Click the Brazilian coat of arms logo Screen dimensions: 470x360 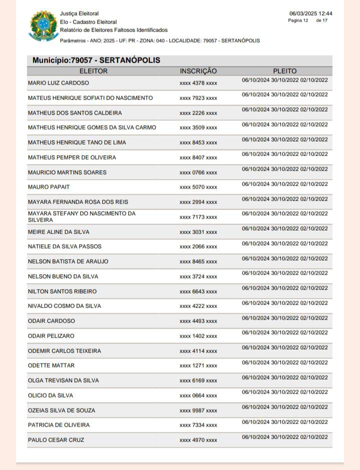(41, 26)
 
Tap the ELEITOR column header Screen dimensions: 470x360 (93, 71)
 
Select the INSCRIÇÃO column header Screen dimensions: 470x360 (198, 71)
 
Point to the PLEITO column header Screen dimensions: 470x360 (284, 71)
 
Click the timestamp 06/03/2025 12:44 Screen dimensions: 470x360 (310, 13)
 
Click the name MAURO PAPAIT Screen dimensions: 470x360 (49, 187)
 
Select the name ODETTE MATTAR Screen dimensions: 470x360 (51, 365)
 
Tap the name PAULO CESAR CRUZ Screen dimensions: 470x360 (56, 440)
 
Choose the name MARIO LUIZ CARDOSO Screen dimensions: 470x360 (58, 83)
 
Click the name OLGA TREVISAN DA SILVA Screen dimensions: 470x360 (63, 380)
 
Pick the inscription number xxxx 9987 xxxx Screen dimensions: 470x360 (198, 410)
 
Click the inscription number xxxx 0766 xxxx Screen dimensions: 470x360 (198, 172)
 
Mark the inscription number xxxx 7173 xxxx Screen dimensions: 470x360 (198, 217)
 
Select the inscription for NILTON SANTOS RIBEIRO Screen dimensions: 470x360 (198, 291)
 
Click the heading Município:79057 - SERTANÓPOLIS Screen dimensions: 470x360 (96, 60)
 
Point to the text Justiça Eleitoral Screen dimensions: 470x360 (79, 13)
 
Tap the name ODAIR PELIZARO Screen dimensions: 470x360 (51, 336)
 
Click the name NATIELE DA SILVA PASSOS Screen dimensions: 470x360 (64, 246)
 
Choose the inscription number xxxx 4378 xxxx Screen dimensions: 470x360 (198, 83)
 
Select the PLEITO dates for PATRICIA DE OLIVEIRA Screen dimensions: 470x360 (284, 422)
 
